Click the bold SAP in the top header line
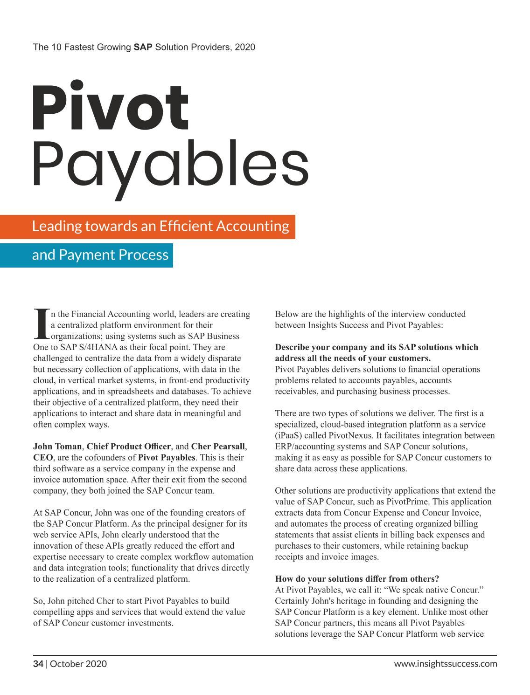143,47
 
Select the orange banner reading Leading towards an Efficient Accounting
160,227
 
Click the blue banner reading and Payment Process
100,255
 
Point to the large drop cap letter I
41,323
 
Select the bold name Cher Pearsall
218,446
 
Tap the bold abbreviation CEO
43,457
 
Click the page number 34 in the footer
38,663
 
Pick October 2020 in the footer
78,663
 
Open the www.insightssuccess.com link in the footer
445,663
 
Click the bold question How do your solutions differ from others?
357,578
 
